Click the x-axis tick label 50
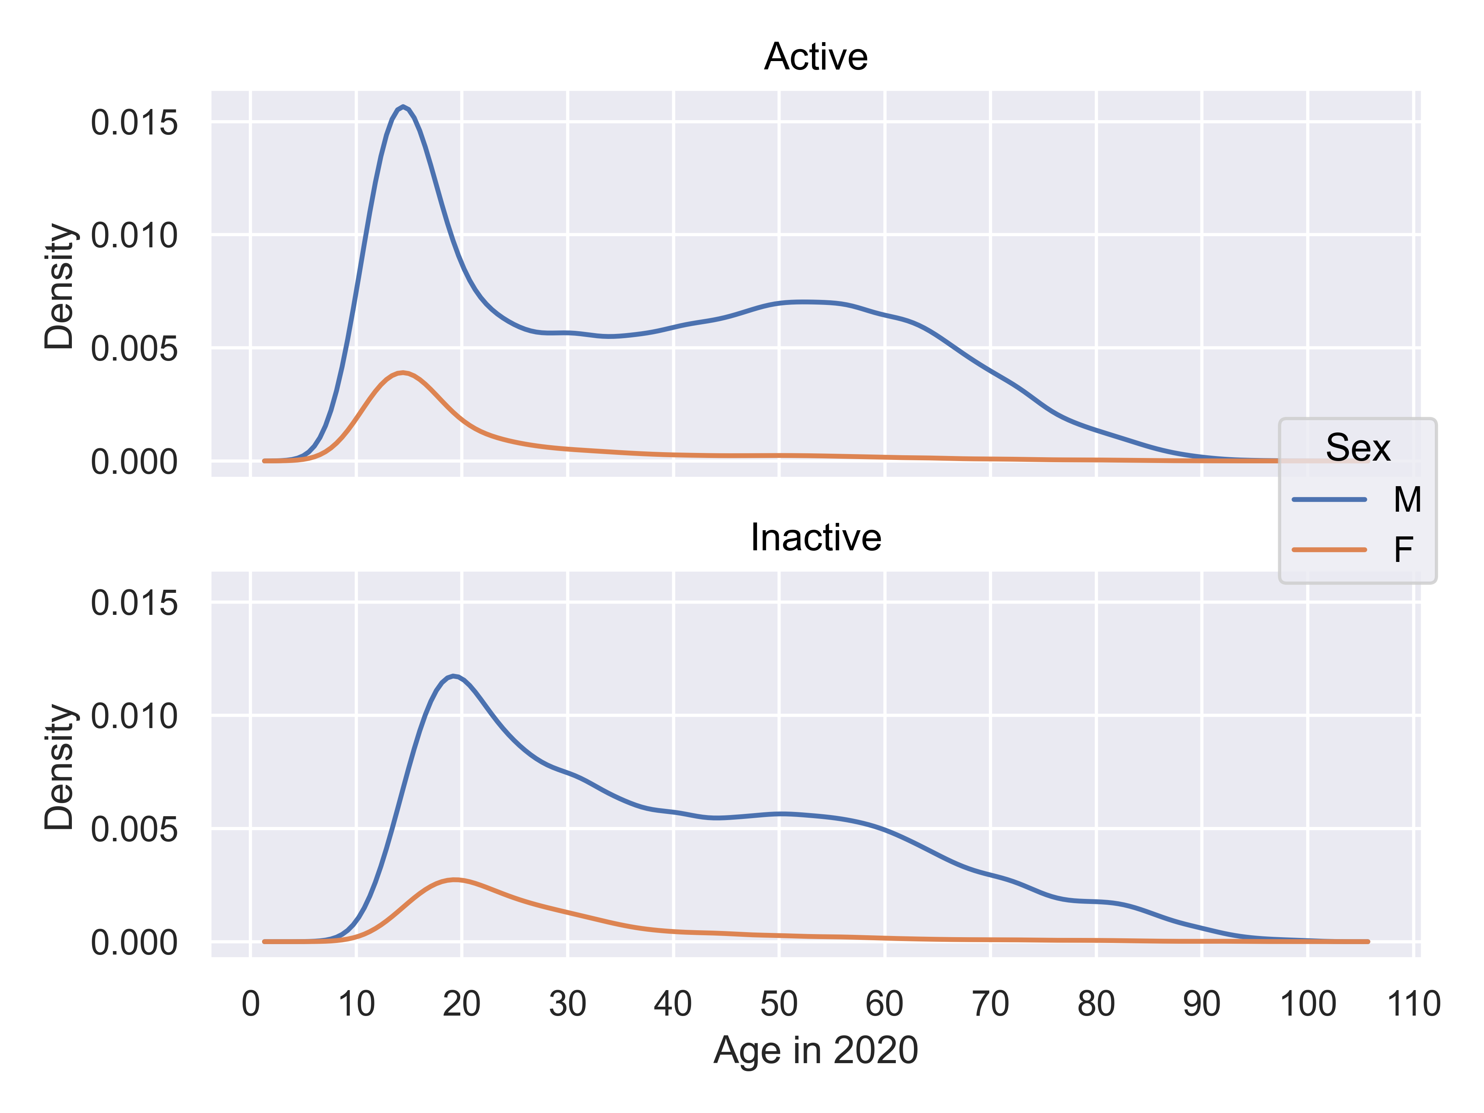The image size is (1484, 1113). click(x=778, y=1004)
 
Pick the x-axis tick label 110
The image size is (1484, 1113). click(x=1413, y=1004)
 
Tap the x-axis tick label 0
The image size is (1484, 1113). click(x=250, y=1004)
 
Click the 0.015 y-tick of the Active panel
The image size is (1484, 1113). click(x=134, y=123)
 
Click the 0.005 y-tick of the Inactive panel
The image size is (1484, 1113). click(x=134, y=830)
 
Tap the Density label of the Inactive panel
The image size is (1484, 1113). click(x=59, y=766)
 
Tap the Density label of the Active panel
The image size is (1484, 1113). click(x=59, y=286)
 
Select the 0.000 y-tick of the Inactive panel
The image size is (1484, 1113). click(x=134, y=943)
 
